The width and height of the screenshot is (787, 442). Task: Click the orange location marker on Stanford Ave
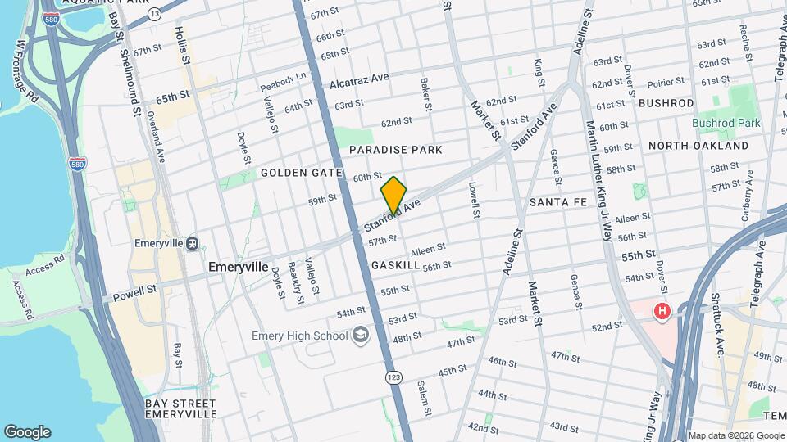point(393,196)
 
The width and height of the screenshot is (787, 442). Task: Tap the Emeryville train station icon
point(191,243)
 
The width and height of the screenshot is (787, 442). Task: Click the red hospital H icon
point(662,312)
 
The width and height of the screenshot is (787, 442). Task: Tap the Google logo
point(27,431)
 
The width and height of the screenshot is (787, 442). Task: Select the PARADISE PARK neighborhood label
point(395,150)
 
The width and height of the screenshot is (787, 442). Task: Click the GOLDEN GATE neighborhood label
point(294,174)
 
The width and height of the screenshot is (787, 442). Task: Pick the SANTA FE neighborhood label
point(557,201)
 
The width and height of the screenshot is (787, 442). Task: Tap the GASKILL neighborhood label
point(395,266)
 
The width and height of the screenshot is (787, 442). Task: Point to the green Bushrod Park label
point(726,124)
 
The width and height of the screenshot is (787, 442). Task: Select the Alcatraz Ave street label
point(359,81)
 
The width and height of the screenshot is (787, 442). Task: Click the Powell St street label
point(134,291)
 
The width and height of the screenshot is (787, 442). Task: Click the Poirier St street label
point(665,82)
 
